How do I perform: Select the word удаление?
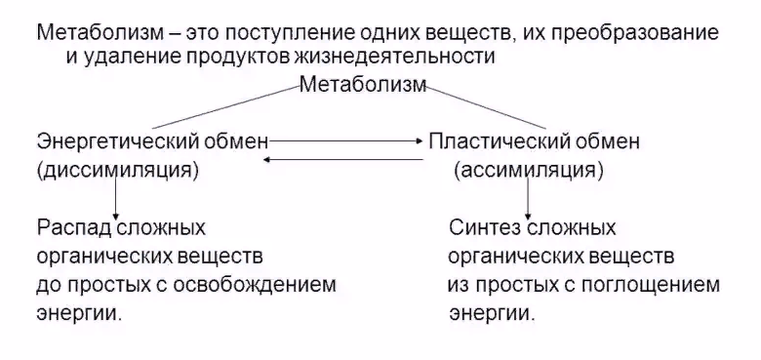pos(125,57)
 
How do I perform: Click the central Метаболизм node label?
pos(363,85)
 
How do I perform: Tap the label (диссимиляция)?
pos(118,171)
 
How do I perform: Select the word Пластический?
pos(492,142)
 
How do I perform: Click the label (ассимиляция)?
pos(528,171)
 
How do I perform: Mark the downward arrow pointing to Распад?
pos(117,200)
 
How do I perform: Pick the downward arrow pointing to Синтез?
pos(528,200)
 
